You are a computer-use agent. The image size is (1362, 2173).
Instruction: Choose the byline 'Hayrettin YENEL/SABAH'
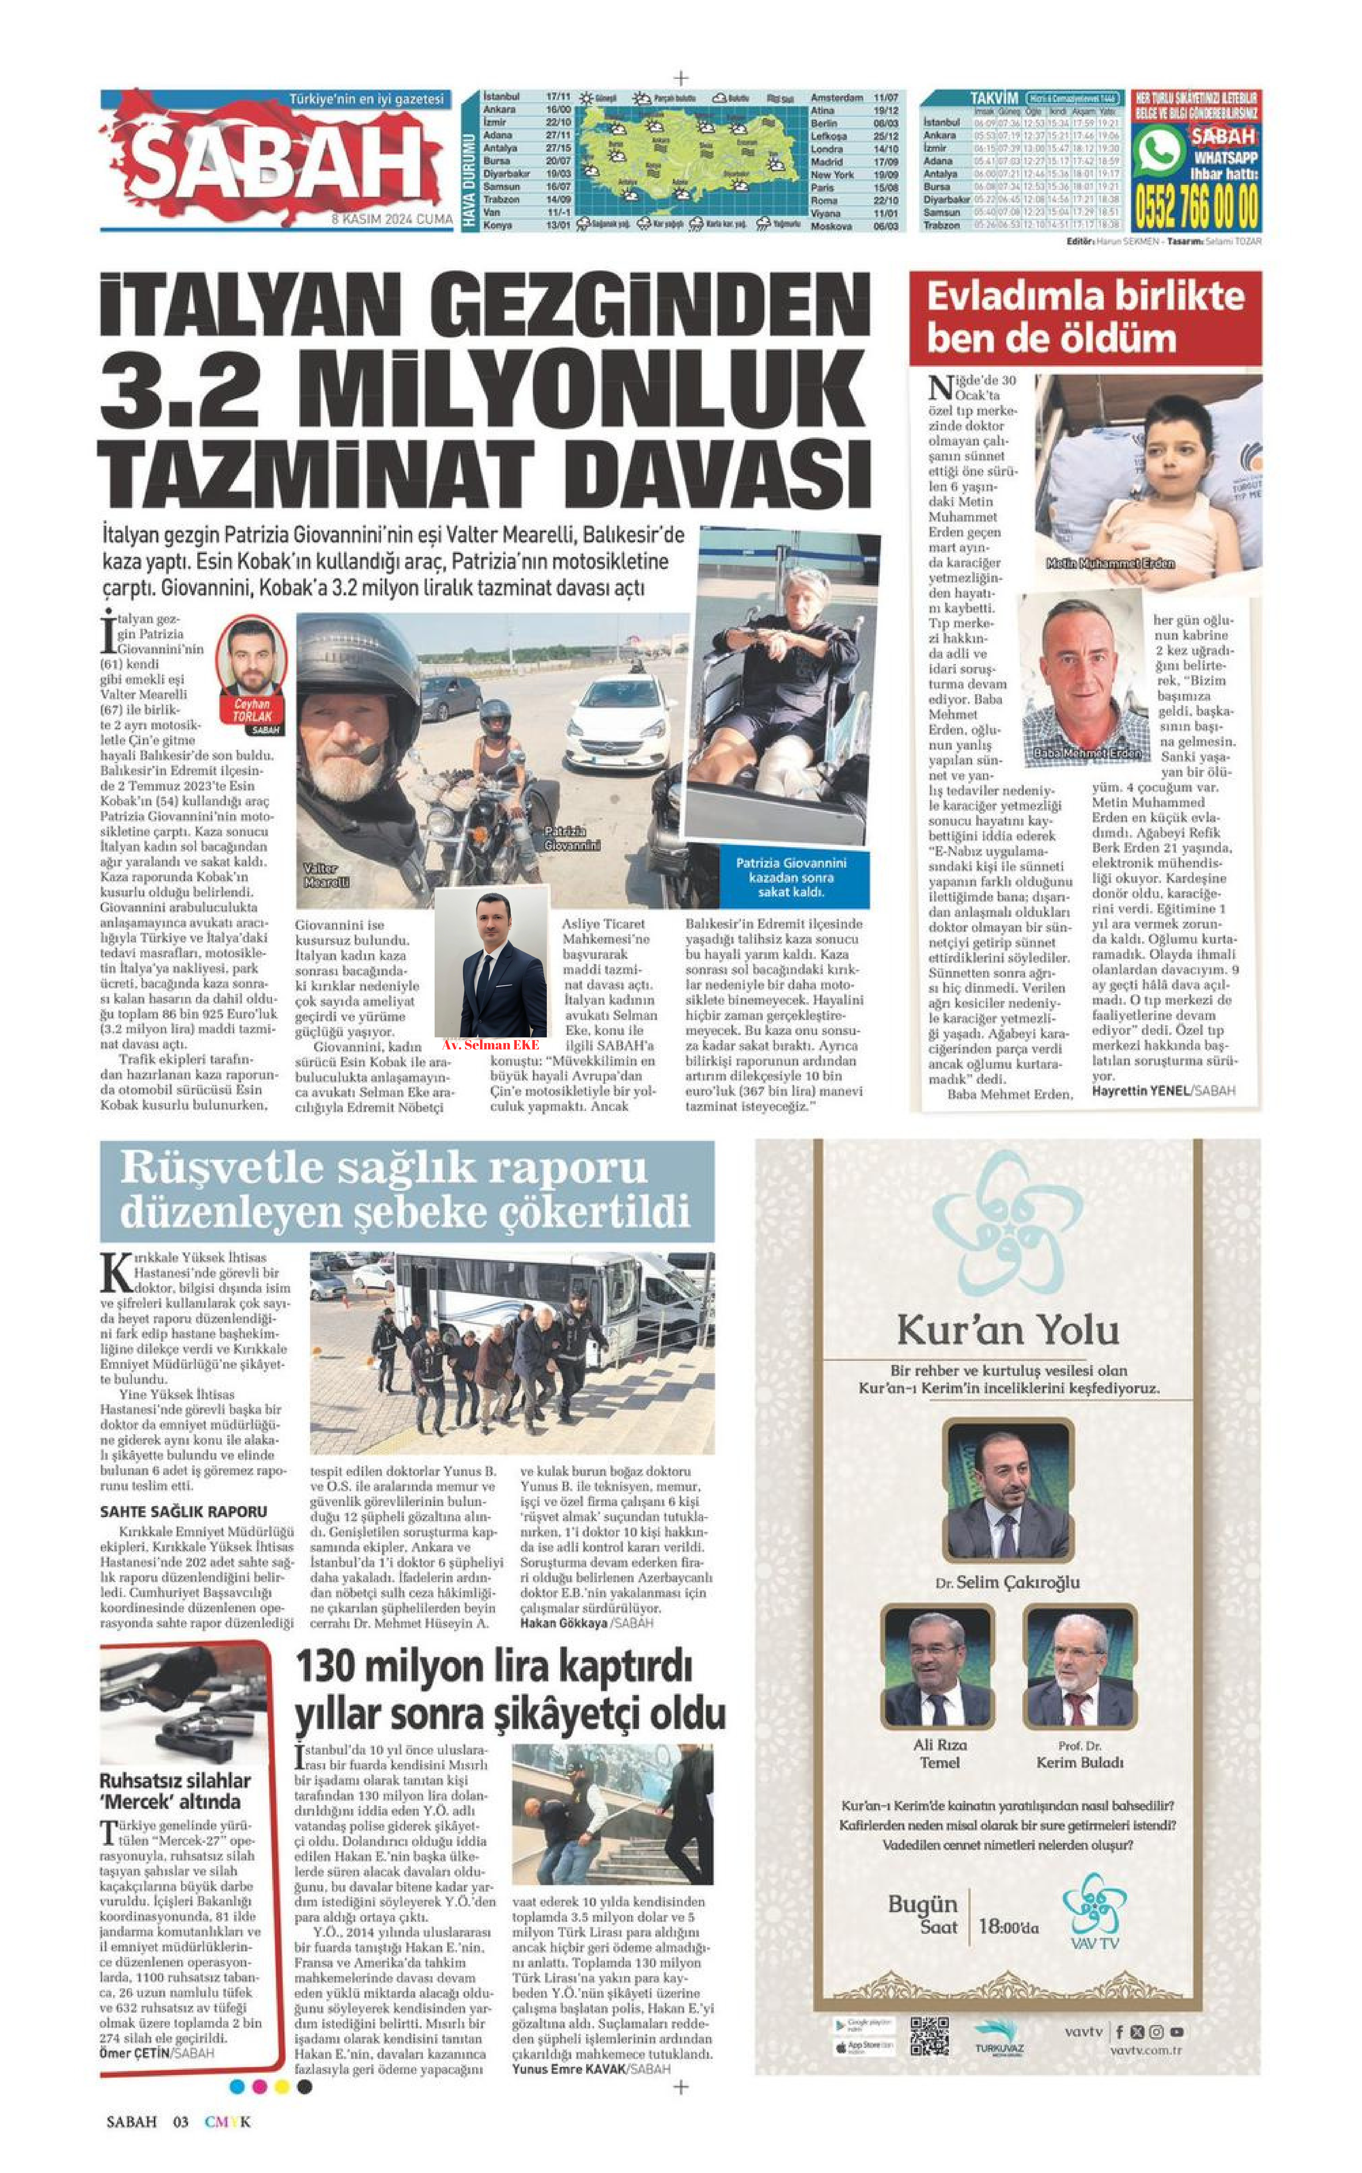point(1163,1091)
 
